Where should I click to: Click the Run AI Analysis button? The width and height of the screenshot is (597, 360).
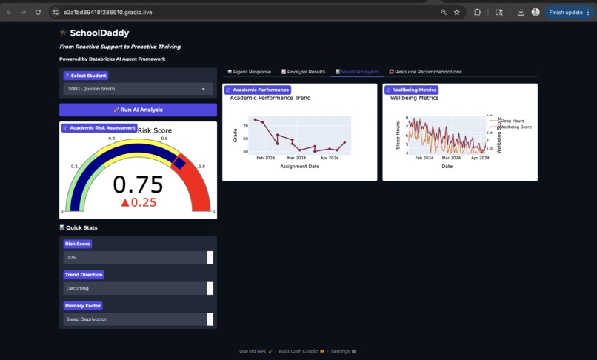[x=138, y=110]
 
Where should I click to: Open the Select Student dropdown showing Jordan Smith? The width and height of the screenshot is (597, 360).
[x=138, y=89]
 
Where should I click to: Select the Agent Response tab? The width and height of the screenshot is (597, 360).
[x=250, y=72]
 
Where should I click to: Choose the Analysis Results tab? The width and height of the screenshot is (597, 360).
[x=304, y=72]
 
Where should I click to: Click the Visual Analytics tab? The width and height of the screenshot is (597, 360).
[x=357, y=72]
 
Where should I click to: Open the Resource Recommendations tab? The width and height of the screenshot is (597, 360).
[x=425, y=72]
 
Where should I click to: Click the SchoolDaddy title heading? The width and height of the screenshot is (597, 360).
[x=99, y=33]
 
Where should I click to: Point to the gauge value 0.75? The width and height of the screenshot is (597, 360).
[x=138, y=184]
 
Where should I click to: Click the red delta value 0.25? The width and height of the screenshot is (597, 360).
[x=139, y=202]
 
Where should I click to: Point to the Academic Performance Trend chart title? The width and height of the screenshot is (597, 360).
[x=270, y=98]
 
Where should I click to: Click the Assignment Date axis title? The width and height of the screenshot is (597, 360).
[x=299, y=167]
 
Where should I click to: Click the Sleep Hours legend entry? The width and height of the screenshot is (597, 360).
[x=512, y=121]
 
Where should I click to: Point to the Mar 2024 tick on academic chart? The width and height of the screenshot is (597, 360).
[x=296, y=158]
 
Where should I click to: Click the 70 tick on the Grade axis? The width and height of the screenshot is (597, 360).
[x=245, y=126]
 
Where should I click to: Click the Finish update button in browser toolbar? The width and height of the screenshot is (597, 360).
[x=566, y=12]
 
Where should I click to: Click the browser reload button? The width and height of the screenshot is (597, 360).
[x=38, y=12]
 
